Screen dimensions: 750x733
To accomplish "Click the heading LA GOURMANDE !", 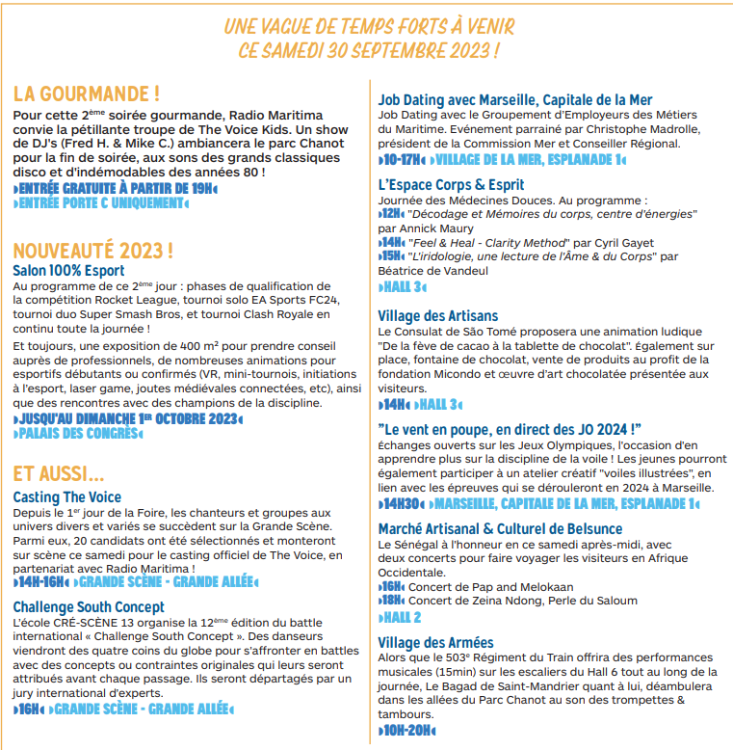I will point(87,94).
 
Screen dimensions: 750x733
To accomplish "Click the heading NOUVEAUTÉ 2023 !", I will point(93,251).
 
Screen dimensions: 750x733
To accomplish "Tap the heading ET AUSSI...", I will point(59,473).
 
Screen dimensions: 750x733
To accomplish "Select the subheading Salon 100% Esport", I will point(68,271).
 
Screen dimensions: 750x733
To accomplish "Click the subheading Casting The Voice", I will point(67,496).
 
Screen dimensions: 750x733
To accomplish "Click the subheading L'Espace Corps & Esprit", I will point(451,184).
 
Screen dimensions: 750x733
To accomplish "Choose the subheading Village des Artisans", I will point(438,315).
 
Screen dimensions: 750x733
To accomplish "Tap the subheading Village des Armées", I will point(435,643).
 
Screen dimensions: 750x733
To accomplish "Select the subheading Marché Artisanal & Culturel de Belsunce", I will point(500,529).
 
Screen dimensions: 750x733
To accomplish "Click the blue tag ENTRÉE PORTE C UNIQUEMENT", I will point(101,203).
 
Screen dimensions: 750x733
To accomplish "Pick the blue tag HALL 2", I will point(402,617).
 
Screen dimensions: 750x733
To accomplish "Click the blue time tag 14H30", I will point(403,503).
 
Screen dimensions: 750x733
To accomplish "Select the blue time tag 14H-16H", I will point(41,581).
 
